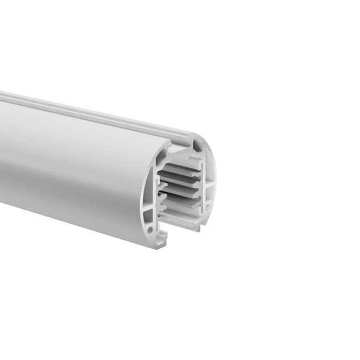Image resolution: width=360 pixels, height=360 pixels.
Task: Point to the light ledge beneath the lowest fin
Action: click(180, 219)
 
